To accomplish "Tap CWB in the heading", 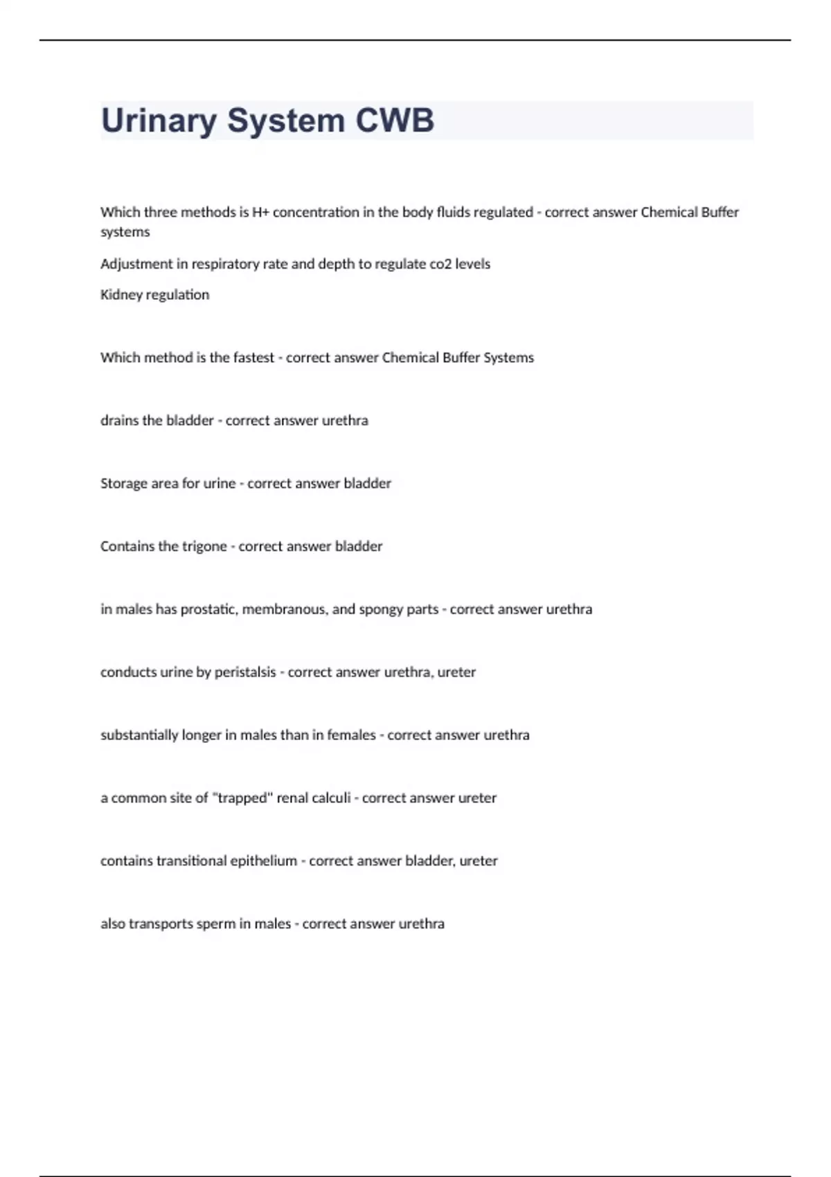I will point(395,120).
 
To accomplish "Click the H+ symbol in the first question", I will point(260,213).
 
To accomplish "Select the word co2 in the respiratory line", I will point(439,264).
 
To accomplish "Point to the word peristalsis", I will point(245,672).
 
